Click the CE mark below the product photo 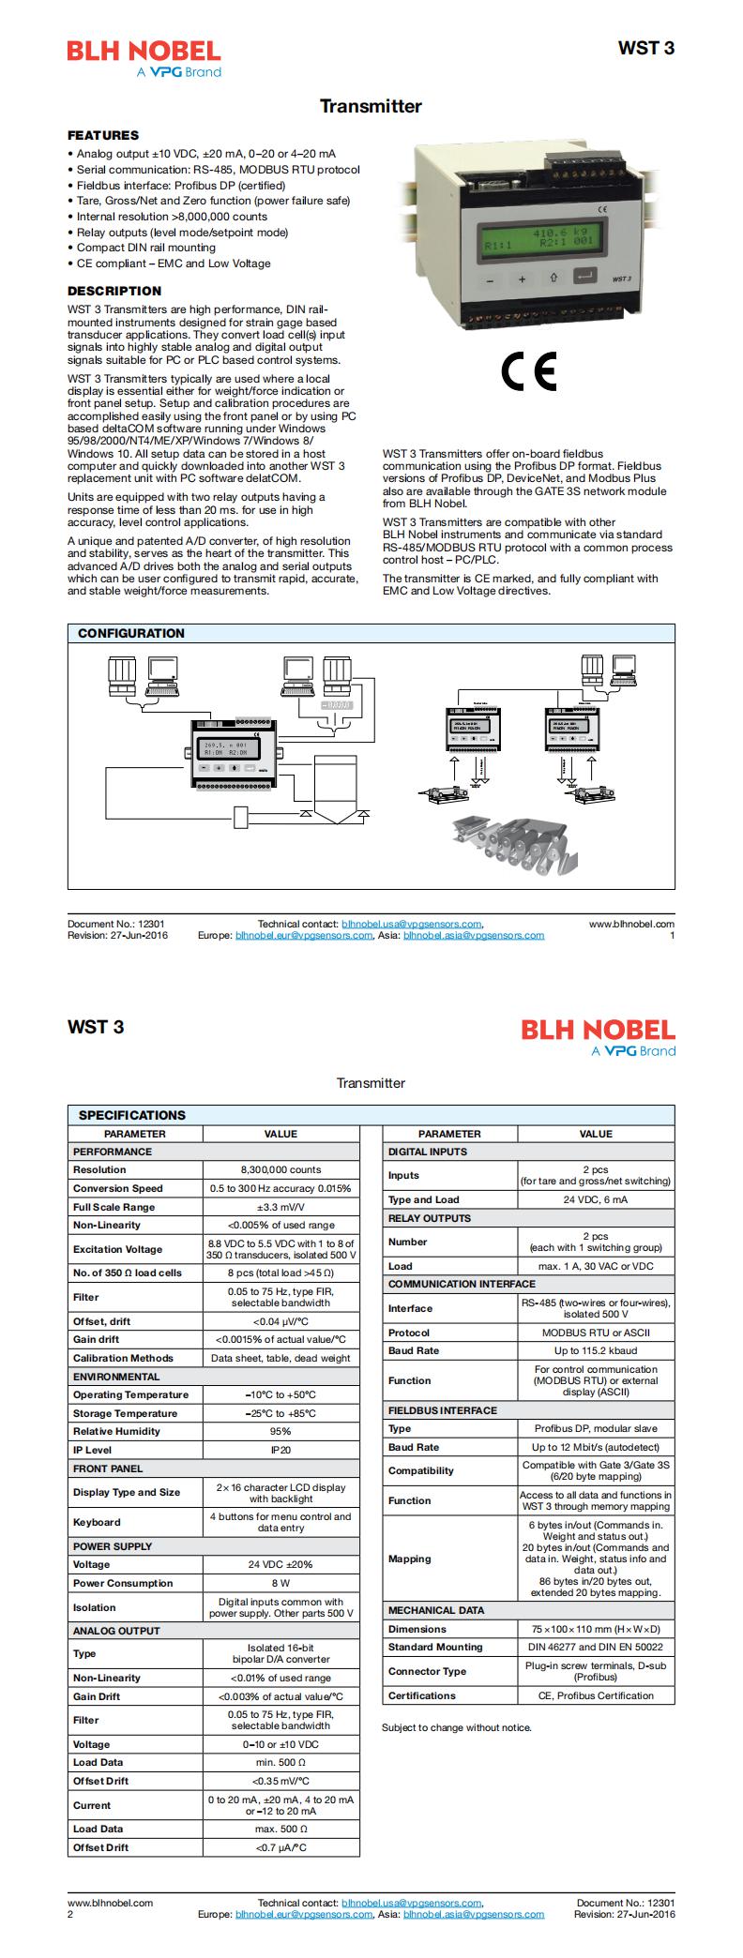(528, 371)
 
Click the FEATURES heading (103, 135)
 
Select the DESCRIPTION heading (114, 291)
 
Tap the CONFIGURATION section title (131, 633)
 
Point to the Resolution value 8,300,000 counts (281, 1169)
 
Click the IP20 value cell (281, 1450)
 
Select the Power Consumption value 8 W (281, 1583)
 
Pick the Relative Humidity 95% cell (281, 1431)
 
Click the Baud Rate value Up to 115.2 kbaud (596, 1350)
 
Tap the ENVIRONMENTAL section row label (116, 1377)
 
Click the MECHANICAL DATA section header (436, 1610)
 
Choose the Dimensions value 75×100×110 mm (596, 1629)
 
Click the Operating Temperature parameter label (130, 1394)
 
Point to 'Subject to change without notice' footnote (457, 1727)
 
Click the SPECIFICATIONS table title (131, 1115)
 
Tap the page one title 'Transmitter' (371, 107)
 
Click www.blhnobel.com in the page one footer (631, 924)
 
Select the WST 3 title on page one (645, 49)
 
